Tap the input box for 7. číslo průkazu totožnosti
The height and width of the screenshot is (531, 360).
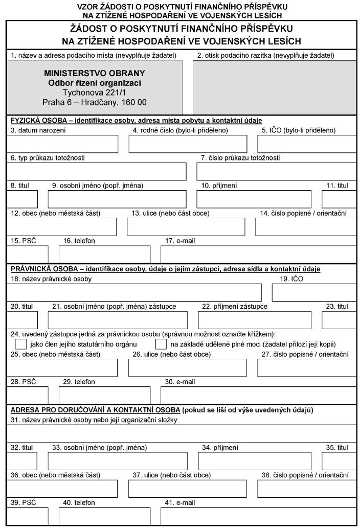(276, 172)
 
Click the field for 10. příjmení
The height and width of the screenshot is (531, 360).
(254, 199)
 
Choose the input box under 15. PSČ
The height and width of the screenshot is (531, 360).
(28, 254)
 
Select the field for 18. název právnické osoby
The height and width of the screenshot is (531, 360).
(134, 292)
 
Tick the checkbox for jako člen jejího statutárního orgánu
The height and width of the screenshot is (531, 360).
(21, 344)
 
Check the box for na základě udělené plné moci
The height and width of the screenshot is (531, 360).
(161, 344)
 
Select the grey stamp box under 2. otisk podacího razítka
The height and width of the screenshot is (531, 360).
(274, 87)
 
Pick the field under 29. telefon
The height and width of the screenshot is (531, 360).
(104, 395)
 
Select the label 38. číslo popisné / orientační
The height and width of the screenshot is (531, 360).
(305, 475)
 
